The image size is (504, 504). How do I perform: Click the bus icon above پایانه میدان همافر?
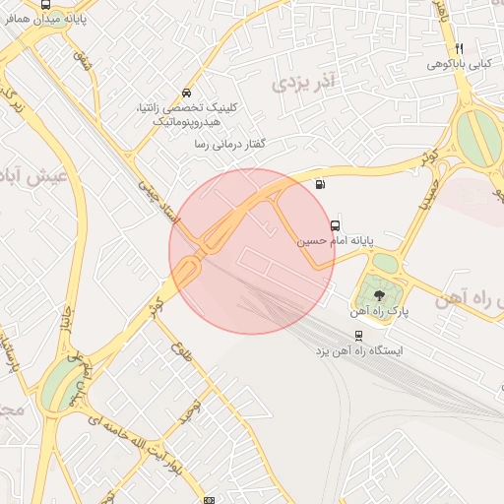[46, 5]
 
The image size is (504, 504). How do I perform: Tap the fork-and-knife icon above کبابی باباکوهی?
[459, 48]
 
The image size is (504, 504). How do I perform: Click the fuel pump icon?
[319, 184]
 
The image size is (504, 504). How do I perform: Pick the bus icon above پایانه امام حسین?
[336, 224]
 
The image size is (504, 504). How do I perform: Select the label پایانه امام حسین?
[336, 239]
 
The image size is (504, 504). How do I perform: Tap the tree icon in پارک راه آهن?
[379, 294]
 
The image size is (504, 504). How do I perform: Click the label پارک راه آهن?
[379, 310]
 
